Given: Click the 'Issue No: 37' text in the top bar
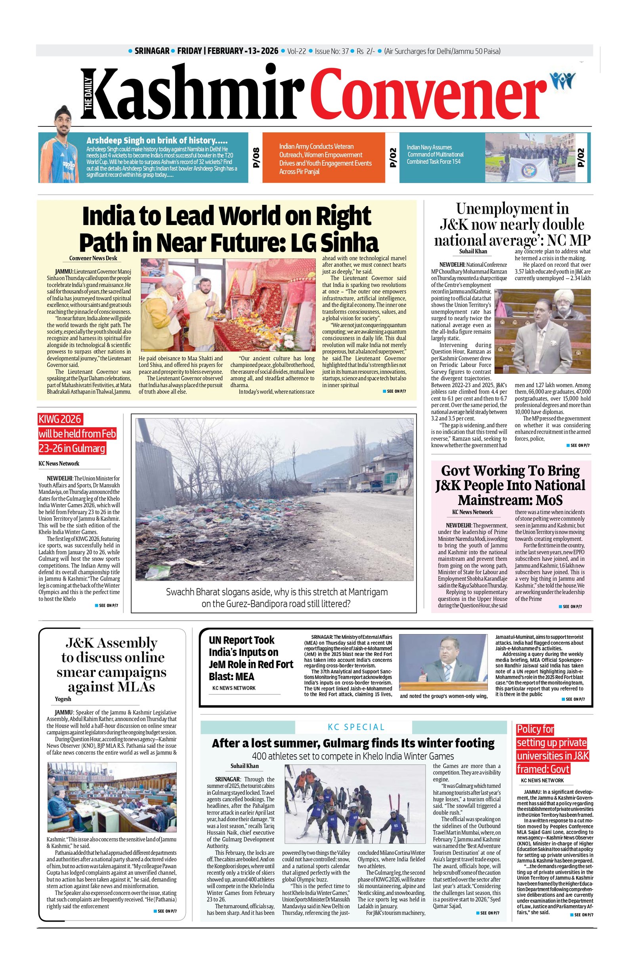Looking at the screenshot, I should (x=332, y=51).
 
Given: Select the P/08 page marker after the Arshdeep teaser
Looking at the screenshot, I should (x=256, y=158).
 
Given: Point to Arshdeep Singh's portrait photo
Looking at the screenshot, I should (x=59, y=154).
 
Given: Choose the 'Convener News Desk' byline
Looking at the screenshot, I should (x=93, y=258).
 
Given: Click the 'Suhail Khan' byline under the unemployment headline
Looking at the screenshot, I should (x=473, y=251).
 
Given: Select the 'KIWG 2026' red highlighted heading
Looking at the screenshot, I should (x=60, y=419).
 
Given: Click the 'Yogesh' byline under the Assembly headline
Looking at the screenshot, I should (x=63, y=699).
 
